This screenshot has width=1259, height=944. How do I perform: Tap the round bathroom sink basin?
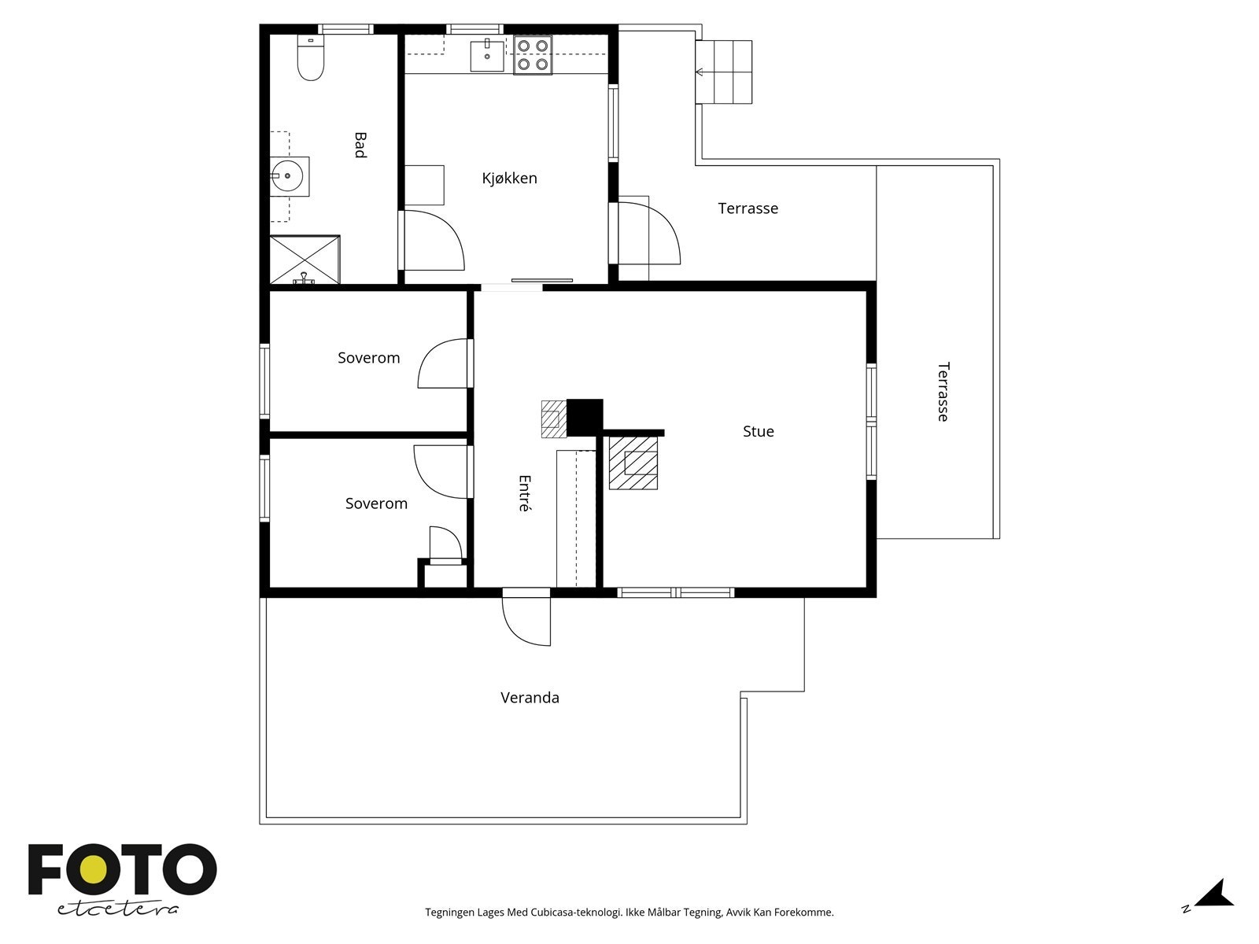click(286, 176)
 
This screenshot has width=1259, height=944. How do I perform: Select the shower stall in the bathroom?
click(305, 260)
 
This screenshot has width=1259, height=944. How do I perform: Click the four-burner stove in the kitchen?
click(532, 55)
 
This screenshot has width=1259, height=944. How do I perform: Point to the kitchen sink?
click(487, 56)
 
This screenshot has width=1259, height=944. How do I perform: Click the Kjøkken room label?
click(509, 179)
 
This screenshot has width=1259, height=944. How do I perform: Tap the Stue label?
click(759, 431)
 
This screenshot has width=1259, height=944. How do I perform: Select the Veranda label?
click(530, 698)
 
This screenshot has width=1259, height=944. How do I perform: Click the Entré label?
click(524, 493)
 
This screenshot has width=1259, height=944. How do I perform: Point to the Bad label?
click(360, 145)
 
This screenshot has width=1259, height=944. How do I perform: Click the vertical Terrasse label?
click(943, 392)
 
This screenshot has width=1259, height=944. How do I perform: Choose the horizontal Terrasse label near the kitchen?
click(748, 208)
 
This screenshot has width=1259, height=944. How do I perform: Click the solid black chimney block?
click(585, 417)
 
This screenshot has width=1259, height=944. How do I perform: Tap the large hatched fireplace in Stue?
click(633, 463)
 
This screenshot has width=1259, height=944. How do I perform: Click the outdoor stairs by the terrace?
click(723, 72)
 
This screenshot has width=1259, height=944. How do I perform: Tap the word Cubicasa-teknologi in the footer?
click(577, 913)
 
